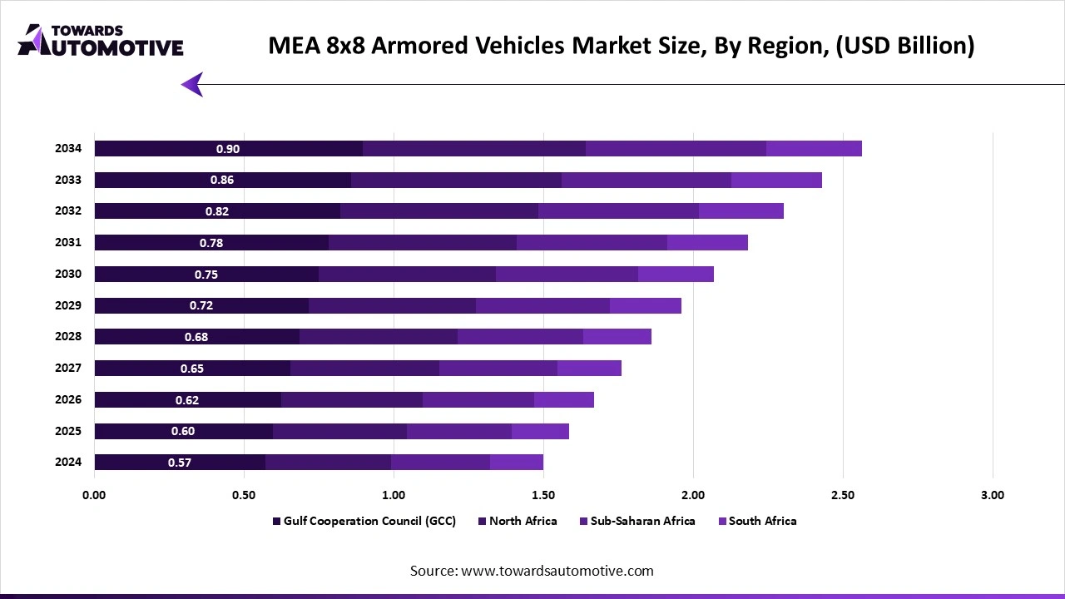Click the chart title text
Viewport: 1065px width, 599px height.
tap(621, 46)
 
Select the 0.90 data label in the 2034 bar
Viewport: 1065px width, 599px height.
tap(228, 149)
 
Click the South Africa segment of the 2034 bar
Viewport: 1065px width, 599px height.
tap(814, 149)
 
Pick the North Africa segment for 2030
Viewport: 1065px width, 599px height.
tap(407, 275)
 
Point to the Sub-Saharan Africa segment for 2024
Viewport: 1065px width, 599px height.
tap(440, 463)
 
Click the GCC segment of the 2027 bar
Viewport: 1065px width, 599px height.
tap(192, 369)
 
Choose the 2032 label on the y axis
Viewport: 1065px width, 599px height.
tap(68, 211)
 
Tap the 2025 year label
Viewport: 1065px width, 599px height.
tap(68, 431)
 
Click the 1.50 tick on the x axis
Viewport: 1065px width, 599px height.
tap(543, 495)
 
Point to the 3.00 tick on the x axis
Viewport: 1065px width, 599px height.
tap(992, 495)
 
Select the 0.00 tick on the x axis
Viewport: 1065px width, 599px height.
tap(94, 495)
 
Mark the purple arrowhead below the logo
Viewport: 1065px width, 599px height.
tap(192, 84)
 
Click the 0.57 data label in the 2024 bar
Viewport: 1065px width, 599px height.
tap(180, 463)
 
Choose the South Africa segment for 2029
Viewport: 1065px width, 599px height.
tap(645, 305)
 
